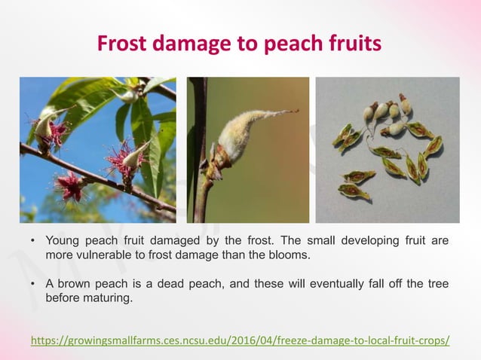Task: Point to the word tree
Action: click(x=437, y=284)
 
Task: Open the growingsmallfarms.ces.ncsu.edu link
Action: click(x=240, y=340)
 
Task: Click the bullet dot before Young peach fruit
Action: click(x=32, y=243)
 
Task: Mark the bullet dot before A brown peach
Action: click(x=32, y=285)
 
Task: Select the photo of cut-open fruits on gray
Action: click(x=387, y=150)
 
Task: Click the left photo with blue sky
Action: click(x=98, y=150)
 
